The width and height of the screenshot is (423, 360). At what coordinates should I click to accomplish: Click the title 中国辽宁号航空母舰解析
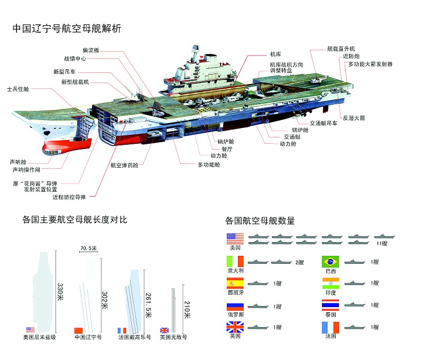coord(67,29)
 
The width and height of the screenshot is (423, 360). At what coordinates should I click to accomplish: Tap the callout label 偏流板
coord(91,50)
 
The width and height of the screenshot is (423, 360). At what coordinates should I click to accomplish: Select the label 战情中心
coord(75,59)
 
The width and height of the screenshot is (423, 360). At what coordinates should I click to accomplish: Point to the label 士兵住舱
coord(18,89)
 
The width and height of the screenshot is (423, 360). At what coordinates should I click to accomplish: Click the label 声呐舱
coord(18,162)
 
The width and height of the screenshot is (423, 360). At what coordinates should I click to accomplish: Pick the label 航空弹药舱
coord(124,165)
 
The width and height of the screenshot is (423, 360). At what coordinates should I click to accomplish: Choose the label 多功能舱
coord(209,164)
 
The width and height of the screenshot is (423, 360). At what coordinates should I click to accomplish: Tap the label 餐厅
coord(227,149)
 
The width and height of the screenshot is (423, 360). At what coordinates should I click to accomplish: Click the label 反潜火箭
coord(354,118)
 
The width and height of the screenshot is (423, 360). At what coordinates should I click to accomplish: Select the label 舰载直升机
coord(341,49)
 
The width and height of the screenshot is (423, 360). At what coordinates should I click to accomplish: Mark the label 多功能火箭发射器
coord(371,64)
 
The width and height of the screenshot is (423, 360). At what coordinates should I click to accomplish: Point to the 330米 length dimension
coord(60,292)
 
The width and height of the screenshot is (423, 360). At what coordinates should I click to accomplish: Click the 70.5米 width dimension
coord(88,248)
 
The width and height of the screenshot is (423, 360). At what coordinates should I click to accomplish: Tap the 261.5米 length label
coord(148,305)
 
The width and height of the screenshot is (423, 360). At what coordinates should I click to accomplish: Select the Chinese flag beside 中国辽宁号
coord(78,330)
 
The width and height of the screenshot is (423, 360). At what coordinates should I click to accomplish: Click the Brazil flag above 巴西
coord(330,261)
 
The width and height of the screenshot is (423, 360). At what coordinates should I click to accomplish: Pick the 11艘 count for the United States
coord(382,244)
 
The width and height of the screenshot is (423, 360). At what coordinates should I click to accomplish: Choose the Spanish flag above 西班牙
coord(235,283)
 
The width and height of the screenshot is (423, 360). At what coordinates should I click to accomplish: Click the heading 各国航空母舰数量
coord(260,220)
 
